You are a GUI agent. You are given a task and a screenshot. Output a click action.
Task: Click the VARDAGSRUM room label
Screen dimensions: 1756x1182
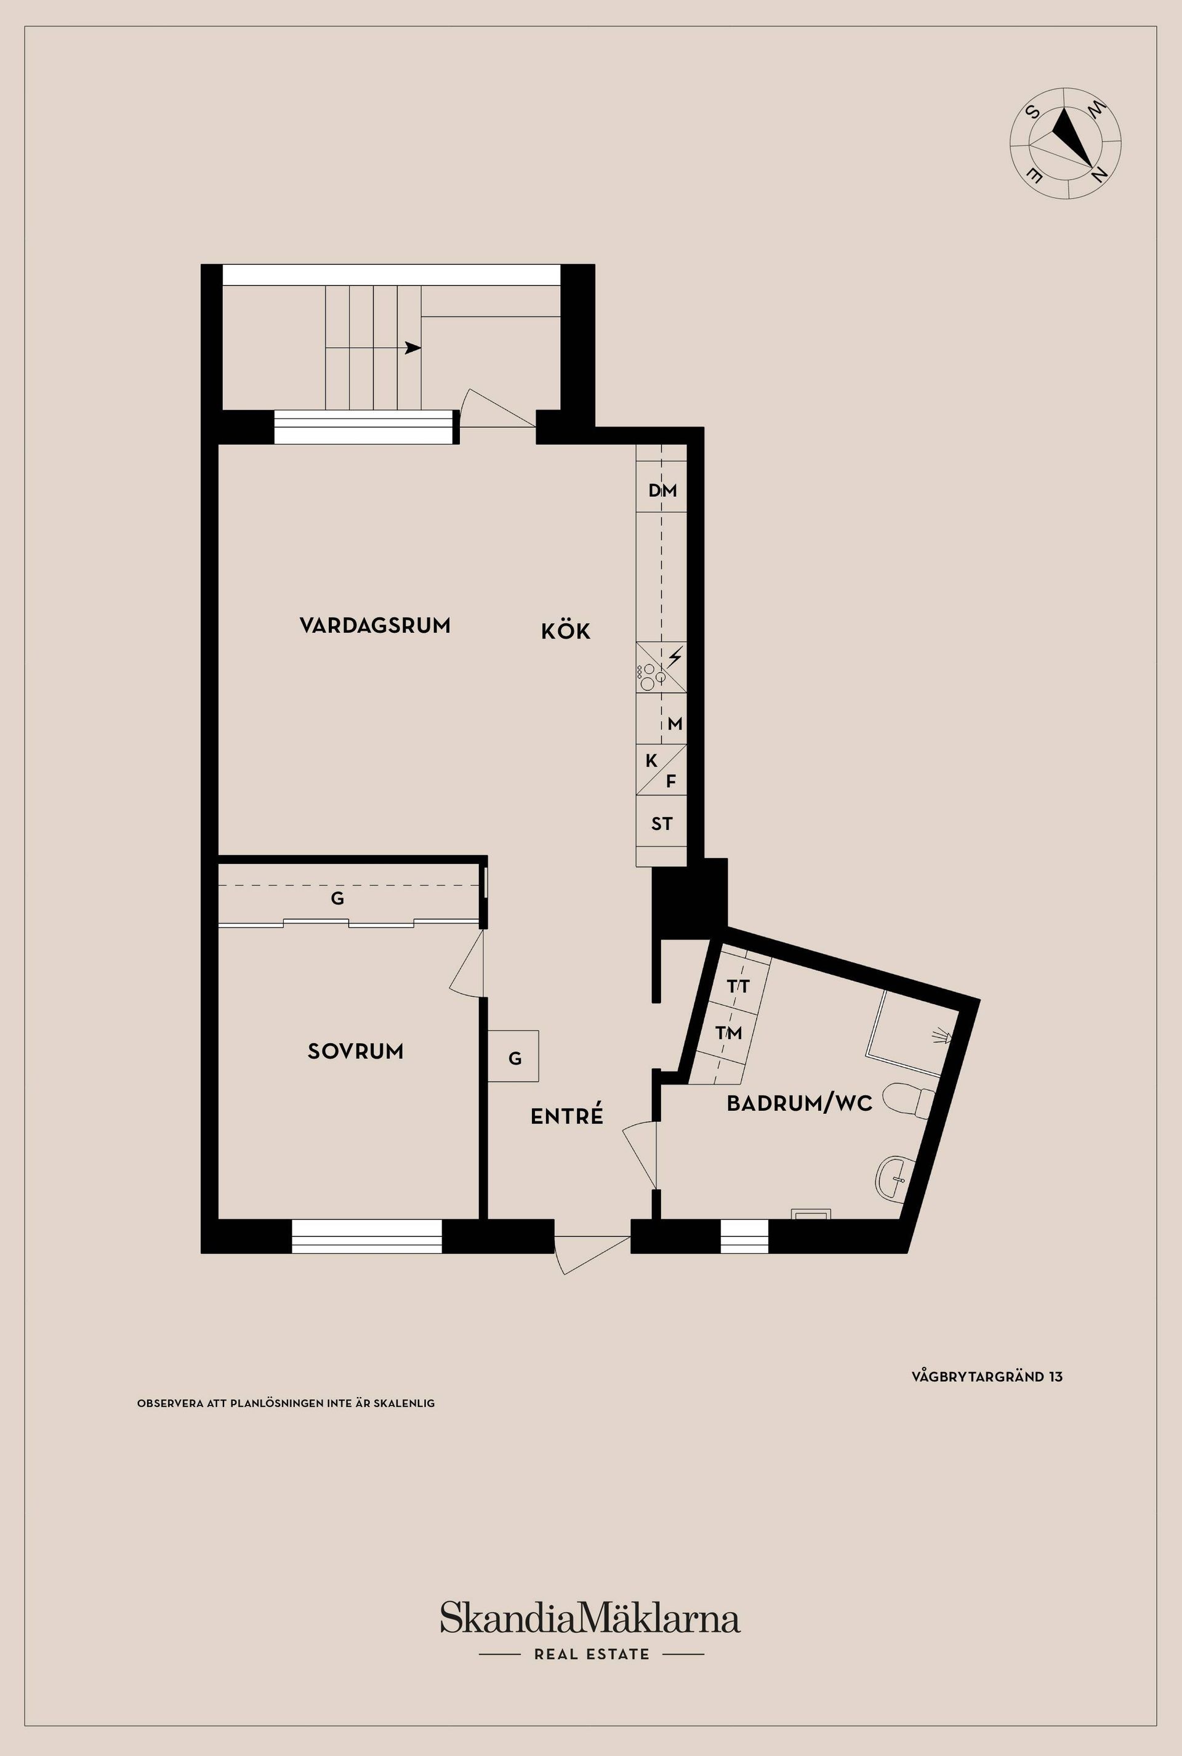tap(375, 625)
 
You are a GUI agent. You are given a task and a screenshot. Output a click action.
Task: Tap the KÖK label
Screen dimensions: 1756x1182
tap(565, 632)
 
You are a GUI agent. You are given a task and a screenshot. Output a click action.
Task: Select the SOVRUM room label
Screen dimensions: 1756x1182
tap(355, 1051)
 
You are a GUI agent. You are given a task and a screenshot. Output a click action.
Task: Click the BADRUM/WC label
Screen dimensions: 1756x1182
tap(799, 1104)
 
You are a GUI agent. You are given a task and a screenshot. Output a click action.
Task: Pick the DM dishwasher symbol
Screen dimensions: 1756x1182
tap(662, 491)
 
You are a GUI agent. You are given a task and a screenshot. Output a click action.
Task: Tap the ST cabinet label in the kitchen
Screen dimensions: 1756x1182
tap(661, 824)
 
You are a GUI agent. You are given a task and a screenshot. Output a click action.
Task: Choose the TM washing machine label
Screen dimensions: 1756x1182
tap(728, 1033)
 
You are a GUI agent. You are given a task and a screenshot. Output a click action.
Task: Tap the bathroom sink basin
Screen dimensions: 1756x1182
tap(894, 1177)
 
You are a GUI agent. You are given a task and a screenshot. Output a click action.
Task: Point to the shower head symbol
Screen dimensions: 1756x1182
tap(943, 1037)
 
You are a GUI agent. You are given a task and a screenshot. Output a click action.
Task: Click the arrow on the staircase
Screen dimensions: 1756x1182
tap(412, 348)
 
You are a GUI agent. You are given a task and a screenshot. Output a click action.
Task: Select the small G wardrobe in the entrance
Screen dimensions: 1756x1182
tap(514, 1058)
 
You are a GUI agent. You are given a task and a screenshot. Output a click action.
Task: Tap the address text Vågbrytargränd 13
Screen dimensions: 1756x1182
tap(987, 1377)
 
